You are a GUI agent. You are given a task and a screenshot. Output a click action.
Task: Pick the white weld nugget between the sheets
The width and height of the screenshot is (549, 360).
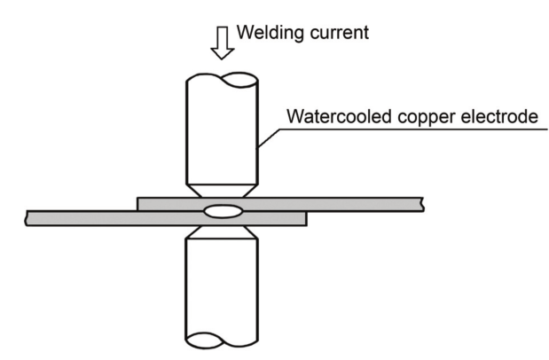pyautogui.click(x=222, y=211)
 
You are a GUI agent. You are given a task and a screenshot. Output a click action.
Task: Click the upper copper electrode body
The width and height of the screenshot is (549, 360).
pyautogui.click(x=222, y=133)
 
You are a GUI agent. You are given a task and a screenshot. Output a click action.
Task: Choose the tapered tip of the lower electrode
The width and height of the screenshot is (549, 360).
pyautogui.click(x=222, y=231)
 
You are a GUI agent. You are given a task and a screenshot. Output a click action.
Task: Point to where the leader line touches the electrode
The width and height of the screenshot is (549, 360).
pyautogui.click(x=259, y=145)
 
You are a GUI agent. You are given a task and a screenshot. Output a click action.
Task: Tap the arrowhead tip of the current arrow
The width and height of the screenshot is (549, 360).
pyautogui.click(x=222, y=59)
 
